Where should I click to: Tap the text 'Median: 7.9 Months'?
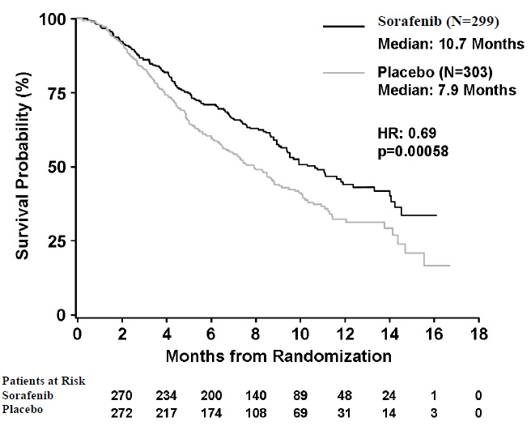(448, 91)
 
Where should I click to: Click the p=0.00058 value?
(415, 150)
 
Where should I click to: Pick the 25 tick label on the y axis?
(55, 241)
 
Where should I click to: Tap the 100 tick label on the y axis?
(51, 19)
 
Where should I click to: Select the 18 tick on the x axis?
(480, 334)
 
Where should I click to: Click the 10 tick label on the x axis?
(301, 334)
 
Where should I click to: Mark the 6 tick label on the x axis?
(212, 334)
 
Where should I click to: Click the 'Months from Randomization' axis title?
(279, 355)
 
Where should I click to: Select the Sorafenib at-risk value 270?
(123, 397)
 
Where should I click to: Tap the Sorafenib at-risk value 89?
(302, 397)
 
